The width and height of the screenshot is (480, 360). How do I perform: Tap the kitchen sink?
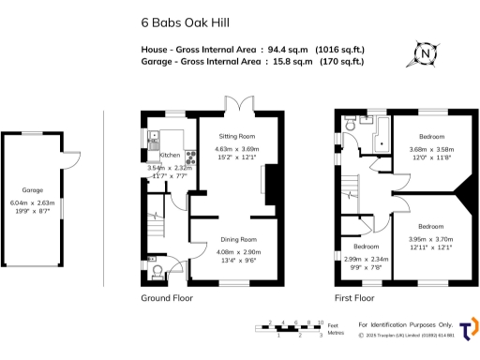152,142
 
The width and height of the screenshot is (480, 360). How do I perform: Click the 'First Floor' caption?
355,297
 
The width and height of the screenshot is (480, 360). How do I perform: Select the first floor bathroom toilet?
348,122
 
